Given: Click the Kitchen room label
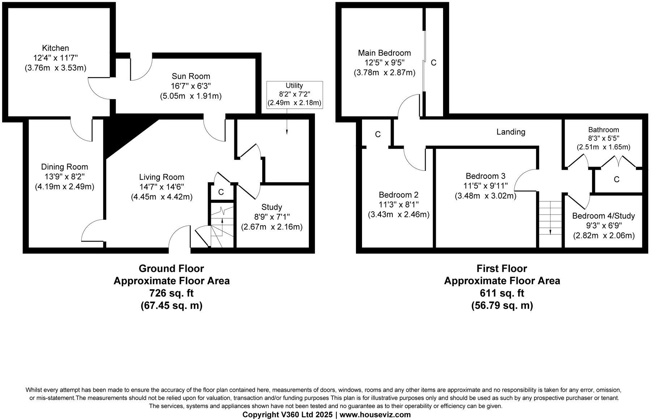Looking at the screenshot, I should point(55,48).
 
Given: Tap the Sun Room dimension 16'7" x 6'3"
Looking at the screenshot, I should point(191,86).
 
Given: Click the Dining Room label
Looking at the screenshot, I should point(64,167).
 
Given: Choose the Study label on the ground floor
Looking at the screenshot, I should point(272,207).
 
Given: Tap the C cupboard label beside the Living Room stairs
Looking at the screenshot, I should point(221,192).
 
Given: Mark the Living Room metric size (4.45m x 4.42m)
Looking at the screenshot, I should point(162,197).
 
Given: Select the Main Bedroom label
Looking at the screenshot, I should point(384,53).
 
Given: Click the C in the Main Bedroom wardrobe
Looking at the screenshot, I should point(434,63).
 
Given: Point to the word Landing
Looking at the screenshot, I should point(511,132).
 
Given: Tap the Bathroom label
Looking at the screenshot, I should point(603,130).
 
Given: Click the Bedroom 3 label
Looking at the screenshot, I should point(485,176).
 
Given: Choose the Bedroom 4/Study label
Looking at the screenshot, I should point(603,216).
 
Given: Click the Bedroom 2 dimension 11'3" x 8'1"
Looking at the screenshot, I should point(399,205).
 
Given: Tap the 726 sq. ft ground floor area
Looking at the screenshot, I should point(171,293).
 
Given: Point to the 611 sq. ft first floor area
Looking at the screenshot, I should point(502,293).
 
